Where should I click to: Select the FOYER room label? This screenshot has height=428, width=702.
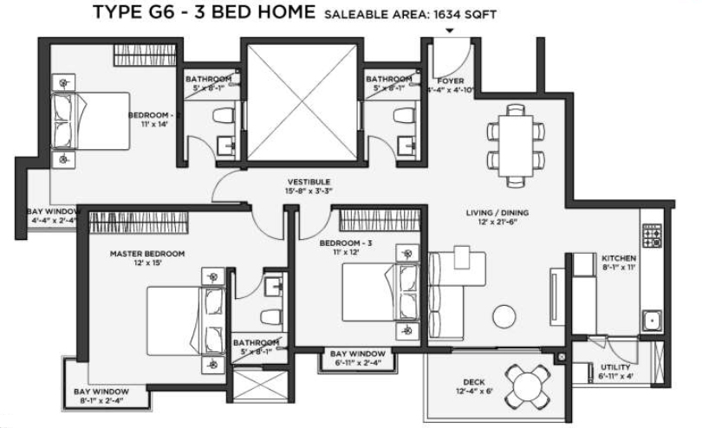tap(450, 80)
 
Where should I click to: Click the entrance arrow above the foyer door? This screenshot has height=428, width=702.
tap(449, 31)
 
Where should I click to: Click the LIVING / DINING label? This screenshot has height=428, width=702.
tap(497, 212)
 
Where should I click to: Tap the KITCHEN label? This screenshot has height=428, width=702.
tap(619, 259)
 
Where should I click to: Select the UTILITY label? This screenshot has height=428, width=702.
tap(614, 367)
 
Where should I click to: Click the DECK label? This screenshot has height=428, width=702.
tap(473, 382)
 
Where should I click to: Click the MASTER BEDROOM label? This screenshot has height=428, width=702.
tap(147, 254)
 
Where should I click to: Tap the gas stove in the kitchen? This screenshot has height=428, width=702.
tap(651, 235)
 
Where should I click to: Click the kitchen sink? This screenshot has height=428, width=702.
tap(651, 321)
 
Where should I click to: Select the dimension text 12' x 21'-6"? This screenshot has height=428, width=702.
tap(497, 223)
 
